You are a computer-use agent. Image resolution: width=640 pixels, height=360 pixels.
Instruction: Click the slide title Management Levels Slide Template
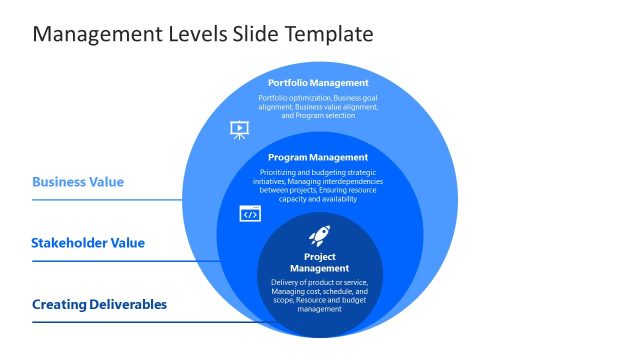[x=203, y=34]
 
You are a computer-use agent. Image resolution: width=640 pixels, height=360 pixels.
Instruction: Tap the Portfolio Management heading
[x=318, y=82]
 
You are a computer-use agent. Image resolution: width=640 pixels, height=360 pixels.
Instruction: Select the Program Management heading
[x=318, y=157]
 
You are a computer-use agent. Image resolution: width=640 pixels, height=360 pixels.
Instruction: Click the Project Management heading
[x=319, y=263]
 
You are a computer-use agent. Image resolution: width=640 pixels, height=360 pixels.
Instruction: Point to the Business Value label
[x=78, y=182]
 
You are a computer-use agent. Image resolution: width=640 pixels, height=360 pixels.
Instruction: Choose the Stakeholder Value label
[x=88, y=242]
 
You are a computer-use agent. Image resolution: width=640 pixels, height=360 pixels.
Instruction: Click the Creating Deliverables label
[x=99, y=304]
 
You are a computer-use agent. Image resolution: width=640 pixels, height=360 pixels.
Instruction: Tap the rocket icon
[x=319, y=236]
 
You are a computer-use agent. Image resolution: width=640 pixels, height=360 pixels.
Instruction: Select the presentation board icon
[x=240, y=129]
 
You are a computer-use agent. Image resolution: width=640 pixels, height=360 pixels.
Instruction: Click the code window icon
[x=250, y=213]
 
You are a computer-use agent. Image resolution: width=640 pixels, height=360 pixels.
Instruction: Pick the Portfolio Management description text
[x=318, y=106]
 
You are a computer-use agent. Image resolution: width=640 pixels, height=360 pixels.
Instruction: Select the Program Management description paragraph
[x=318, y=185]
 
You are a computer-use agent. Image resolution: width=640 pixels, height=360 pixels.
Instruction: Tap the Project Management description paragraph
[x=319, y=295]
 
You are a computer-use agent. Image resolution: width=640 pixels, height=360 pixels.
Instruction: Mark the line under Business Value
[x=110, y=200]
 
